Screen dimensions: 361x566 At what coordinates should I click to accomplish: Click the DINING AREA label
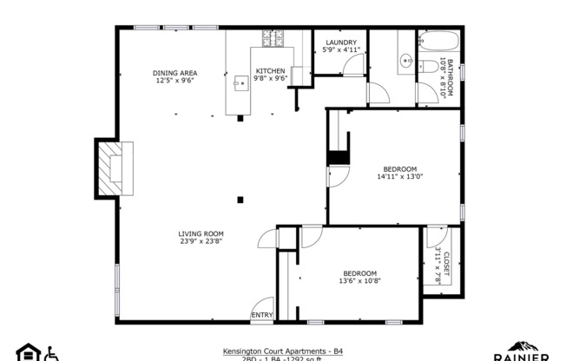[175, 73]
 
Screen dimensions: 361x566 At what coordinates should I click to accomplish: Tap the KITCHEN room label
[270, 71]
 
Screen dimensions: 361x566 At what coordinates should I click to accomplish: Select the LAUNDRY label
[341, 43]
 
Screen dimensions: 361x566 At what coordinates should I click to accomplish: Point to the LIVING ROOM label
[201, 233]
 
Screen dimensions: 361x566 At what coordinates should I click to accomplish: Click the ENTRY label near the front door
[261, 314]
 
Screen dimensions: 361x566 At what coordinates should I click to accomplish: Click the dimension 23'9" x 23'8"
[201, 241]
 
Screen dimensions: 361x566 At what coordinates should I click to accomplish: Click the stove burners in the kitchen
[270, 38]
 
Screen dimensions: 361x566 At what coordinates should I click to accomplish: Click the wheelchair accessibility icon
[50, 353]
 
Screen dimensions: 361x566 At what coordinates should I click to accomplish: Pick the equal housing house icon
[28, 353]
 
